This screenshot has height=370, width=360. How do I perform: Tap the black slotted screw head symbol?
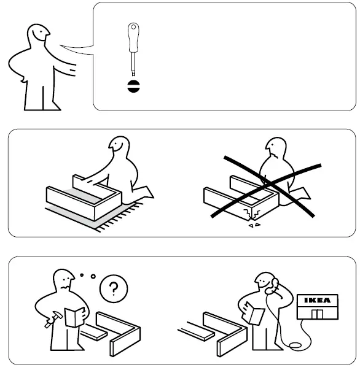[x=132, y=85]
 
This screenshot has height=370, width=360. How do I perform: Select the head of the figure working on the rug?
[x=117, y=148]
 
